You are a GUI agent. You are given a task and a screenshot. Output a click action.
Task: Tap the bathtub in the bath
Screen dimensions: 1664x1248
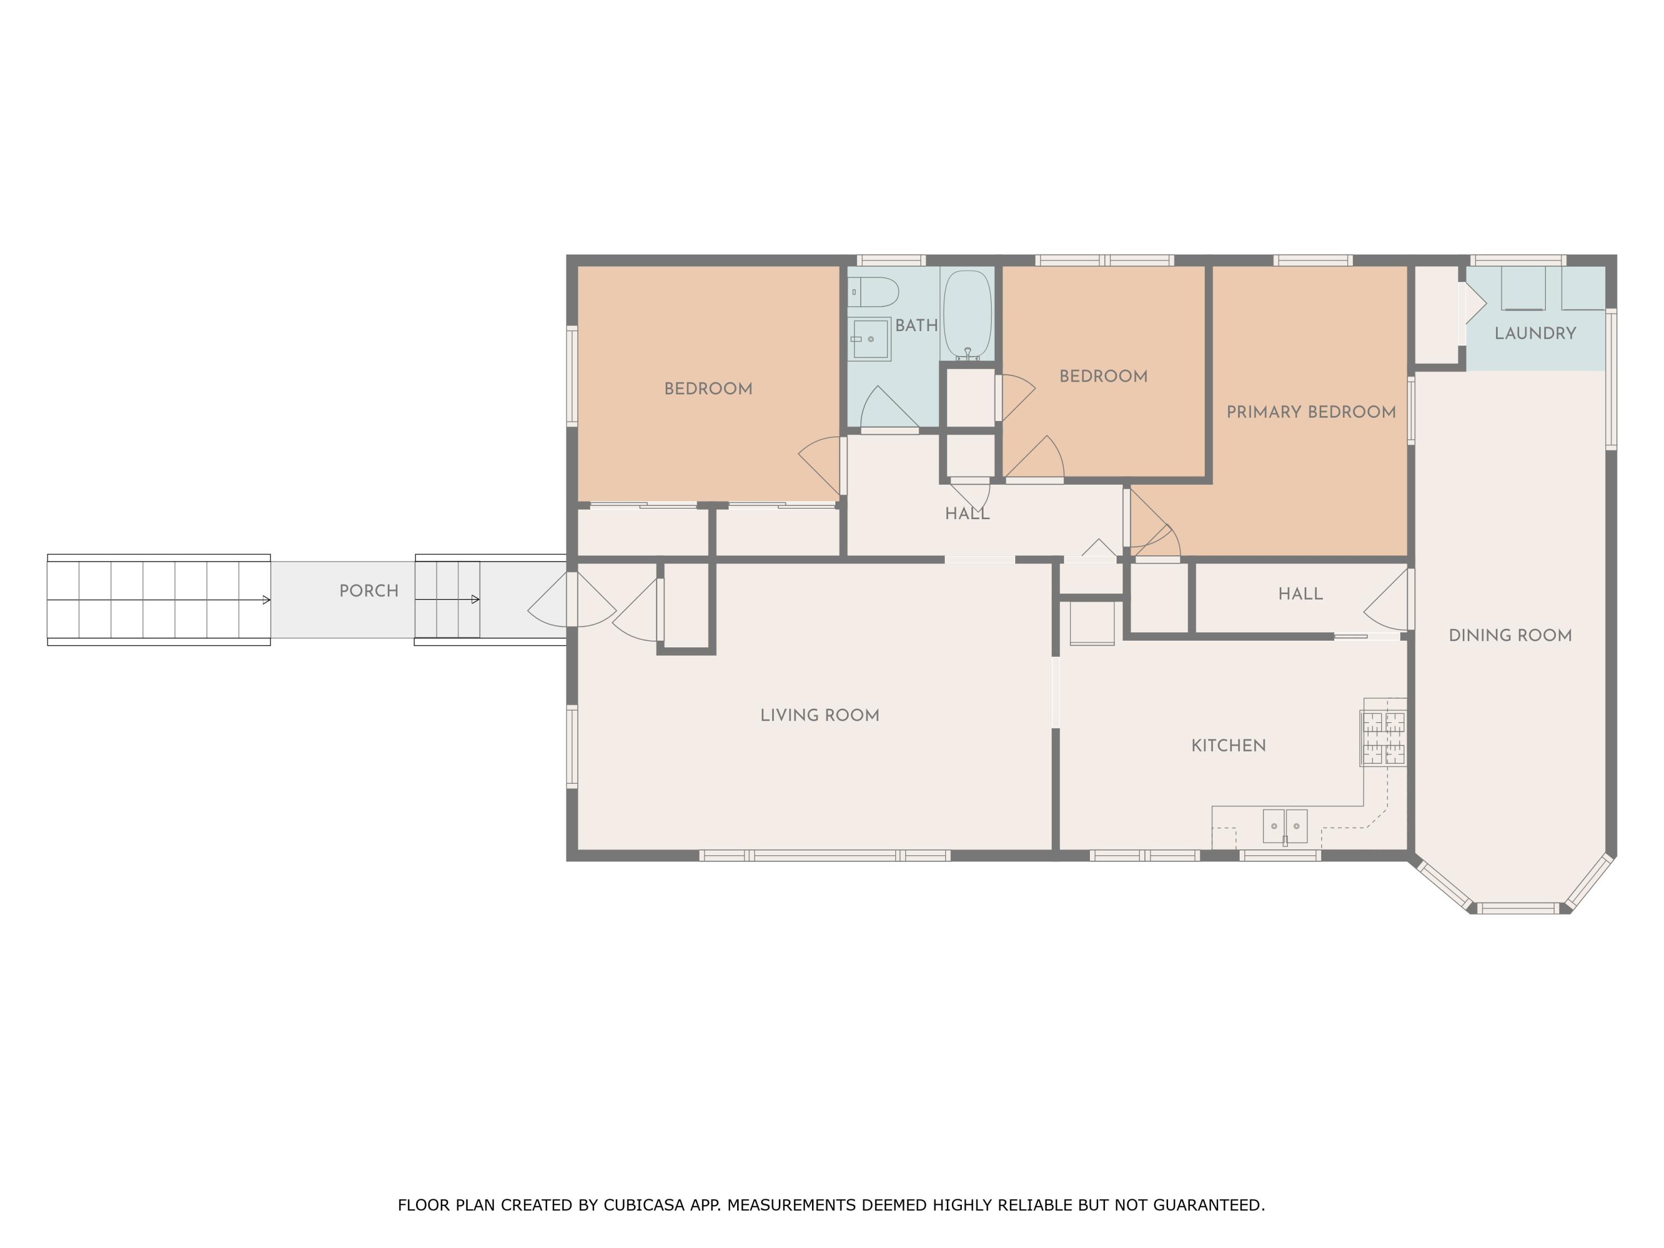pyautogui.click(x=967, y=314)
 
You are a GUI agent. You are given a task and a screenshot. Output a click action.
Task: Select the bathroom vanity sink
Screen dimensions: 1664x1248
pyautogui.click(x=870, y=339)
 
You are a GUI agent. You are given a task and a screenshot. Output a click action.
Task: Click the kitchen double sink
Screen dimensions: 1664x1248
pyautogui.click(x=1285, y=826)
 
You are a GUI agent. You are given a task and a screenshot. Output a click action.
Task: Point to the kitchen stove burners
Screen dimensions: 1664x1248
pyautogui.click(x=1384, y=738)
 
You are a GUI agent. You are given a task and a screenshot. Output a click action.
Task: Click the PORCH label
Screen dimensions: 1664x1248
pyautogui.click(x=369, y=591)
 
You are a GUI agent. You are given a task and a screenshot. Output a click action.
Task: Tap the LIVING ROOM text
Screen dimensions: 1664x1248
pyautogui.click(x=819, y=716)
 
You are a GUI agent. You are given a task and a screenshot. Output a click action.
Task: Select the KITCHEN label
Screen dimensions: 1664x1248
pyautogui.click(x=1229, y=745)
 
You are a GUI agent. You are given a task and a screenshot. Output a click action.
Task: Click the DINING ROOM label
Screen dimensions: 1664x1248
pyautogui.click(x=1510, y=636)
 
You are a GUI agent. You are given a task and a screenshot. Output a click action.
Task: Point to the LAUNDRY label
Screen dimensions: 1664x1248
pyautogui.click(x=1535, y=333)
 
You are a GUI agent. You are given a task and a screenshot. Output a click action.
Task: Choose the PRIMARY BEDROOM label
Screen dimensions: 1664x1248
pyautogui.click(x=1311, y=412)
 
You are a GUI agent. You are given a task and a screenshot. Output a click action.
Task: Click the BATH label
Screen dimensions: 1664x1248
pyautogui.click(x=916, y=326)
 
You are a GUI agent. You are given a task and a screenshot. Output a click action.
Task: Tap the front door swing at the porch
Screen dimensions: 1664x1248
pyautogui.click(x=572, y=600)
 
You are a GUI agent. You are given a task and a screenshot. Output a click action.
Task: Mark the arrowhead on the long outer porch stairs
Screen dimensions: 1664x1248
pyautogui.click(x=266, y=600)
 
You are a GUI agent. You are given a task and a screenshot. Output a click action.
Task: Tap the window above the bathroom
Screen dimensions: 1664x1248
pyautogui.click(x=891, y=260)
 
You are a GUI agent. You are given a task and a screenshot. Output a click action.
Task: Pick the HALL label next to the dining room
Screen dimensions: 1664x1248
pyautogui.click(x=1300, y=594)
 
